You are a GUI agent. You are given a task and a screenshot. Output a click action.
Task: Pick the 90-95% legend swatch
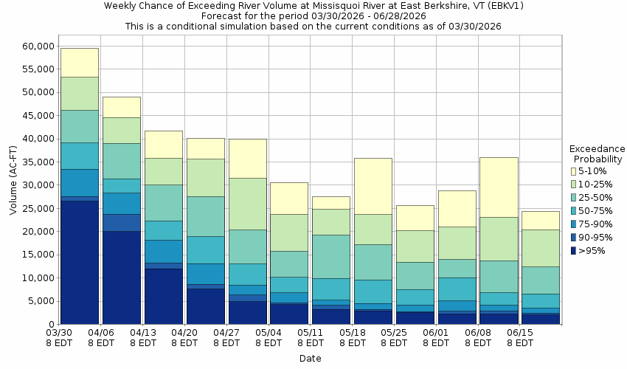(573, 237)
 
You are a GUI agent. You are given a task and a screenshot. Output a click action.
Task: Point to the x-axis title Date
(310, 359)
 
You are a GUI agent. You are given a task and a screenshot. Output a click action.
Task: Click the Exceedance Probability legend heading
(597, 154)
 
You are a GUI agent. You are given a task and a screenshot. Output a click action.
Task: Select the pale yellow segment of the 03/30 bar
(80, 63)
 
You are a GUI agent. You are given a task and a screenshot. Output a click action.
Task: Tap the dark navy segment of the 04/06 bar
(122, 277)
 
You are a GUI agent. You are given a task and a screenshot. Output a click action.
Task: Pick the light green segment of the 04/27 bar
(247, 204)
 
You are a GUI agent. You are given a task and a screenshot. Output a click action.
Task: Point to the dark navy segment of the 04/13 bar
(163, 297)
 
